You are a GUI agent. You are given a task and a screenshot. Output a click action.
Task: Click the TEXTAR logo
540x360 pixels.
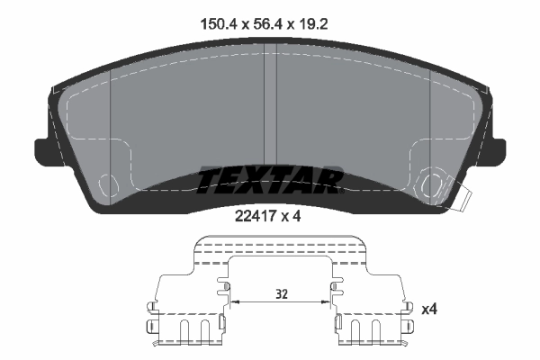click(269, 180)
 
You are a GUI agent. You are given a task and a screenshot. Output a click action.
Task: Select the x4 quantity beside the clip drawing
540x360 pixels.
click(430, 310)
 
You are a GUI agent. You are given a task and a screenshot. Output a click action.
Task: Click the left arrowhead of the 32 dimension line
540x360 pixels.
click(234, 303)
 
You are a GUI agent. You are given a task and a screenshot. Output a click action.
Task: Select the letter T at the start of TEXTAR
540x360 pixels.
click(209, 180)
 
